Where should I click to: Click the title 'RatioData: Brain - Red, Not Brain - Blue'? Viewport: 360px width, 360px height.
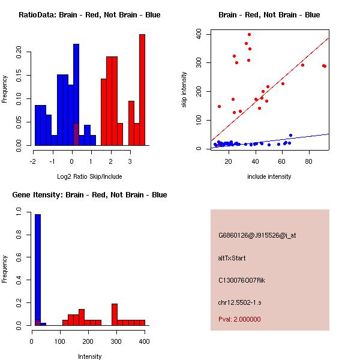pos(89,15)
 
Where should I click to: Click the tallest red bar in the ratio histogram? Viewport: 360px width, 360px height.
pos(142,90)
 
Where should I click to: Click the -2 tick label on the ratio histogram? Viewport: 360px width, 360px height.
pos(34,161)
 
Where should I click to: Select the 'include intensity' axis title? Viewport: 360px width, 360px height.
pos(269,176)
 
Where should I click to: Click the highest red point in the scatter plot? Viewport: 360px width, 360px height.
pos(249,34)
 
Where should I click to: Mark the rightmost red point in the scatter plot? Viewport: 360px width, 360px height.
pos(325,66)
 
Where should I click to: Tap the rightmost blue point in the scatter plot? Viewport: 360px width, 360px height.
pos(290,136)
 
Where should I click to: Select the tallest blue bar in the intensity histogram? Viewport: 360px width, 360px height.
pos(38,269)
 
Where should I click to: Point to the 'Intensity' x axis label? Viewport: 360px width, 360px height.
pos(90,356)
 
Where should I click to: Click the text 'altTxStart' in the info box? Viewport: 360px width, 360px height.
pos(232,258)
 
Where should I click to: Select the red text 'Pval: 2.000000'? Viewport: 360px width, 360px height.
pos(240,319)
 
